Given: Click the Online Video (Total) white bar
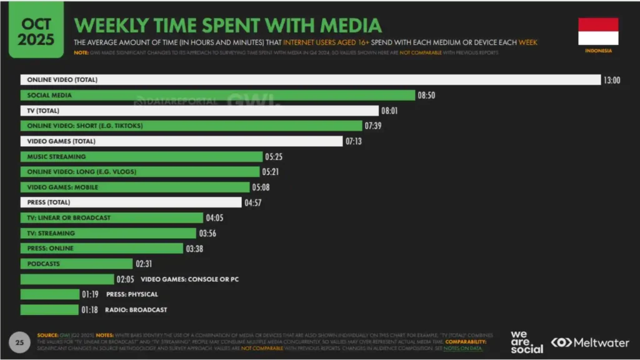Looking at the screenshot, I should click(310, 80).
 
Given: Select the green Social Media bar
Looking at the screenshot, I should click(217, 96).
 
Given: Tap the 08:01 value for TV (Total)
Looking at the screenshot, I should click(389, 111).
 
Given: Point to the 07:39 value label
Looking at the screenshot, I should click(373, 126).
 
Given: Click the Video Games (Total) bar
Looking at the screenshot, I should click(181, 141).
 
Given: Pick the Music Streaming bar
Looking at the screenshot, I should click(141, 157).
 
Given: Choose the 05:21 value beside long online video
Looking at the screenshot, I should click(271, 172).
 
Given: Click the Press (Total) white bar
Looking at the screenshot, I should click(131, 202).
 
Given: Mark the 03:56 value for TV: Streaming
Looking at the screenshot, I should click(207, 233).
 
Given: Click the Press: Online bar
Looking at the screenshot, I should click(102, 248).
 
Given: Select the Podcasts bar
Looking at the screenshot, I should click(76, 264).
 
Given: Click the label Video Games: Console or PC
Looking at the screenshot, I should click(189, 279).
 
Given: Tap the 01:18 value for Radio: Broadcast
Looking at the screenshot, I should click(89, 309).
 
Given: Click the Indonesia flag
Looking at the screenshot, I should click(597, 31).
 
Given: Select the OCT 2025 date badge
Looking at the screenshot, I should click(36, 30).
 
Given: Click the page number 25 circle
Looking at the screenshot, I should click(19, 342).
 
